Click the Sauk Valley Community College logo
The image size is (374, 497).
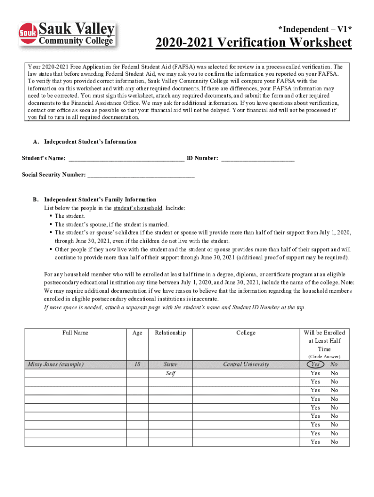[68, 34]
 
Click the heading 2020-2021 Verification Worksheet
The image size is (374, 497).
[254, 43]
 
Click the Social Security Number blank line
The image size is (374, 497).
[141, 175]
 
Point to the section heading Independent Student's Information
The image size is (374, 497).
[90, 142]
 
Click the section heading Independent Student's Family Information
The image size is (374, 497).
[100, 199]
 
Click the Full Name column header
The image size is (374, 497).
[75, 333]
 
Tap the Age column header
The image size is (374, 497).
[137, 333]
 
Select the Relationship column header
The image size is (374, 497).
[170, 333]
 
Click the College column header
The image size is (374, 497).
[246, 333]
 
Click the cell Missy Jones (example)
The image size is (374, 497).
[55, 364]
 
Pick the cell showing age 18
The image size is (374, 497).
[137, 364]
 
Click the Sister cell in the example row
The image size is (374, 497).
[170, 364]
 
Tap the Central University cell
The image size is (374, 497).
[246, 364]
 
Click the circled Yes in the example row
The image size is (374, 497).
[315, 364]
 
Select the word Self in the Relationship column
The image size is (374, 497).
[170, 373]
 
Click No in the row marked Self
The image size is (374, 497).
[334, 373]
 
